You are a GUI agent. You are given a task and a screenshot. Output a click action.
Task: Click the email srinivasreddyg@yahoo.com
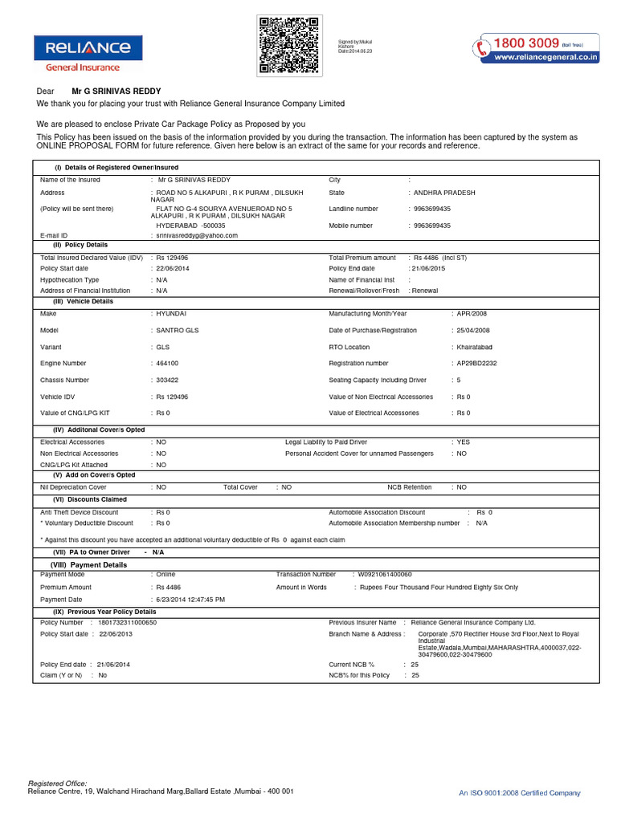(x=197, y=236)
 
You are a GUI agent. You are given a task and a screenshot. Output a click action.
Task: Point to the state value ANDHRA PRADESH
(x=444, y=193)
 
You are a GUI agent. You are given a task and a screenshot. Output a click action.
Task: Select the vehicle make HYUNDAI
(x=170, y=313)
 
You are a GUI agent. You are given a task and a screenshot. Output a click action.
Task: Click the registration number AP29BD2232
(x=476, y=364)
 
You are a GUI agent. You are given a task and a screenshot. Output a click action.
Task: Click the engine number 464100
(x=167, y=364)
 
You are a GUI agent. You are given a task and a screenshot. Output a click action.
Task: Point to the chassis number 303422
(x=167, y=380)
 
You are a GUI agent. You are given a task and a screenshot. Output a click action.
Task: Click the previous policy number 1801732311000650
(x=128, y=622)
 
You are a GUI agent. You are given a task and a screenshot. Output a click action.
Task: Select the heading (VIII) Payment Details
(x=89, y=565)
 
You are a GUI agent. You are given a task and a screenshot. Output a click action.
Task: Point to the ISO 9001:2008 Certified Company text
(x=519, y=793)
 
